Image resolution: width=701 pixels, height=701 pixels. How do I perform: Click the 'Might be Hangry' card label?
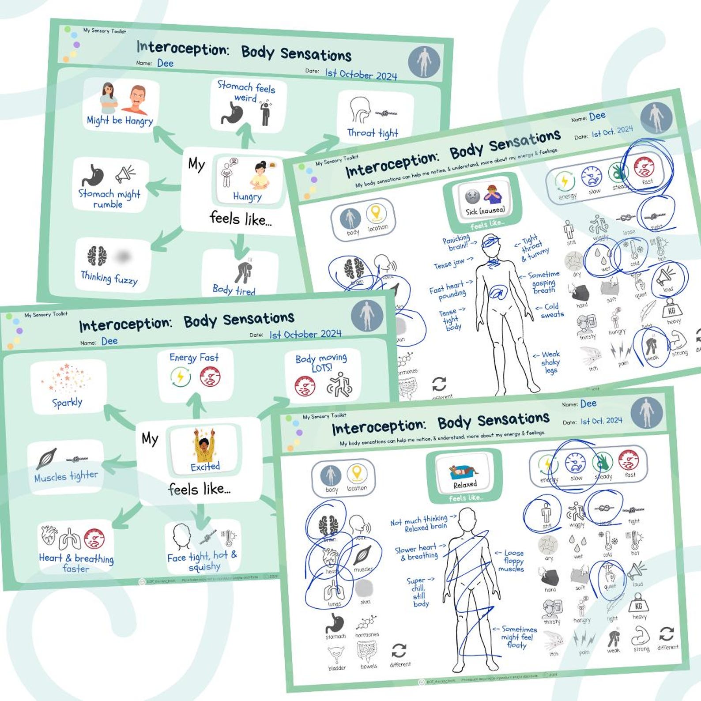point(120,121)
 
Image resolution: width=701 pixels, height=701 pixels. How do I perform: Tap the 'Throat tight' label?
point(373,133)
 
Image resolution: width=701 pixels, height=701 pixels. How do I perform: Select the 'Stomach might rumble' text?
point(109,199)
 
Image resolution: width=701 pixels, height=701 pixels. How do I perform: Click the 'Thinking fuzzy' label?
point(109,278)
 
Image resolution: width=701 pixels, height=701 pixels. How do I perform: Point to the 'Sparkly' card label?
point(67,403)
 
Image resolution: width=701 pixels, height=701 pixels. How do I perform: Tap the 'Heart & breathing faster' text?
point(76,563)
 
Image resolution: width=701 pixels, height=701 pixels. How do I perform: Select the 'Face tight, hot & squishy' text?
point(202,561)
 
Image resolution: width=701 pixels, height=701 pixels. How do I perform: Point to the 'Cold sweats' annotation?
point(551,310)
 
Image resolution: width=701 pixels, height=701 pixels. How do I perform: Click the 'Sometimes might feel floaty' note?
point(516,637)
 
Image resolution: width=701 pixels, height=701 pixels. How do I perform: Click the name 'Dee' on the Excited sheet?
point(109,341)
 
